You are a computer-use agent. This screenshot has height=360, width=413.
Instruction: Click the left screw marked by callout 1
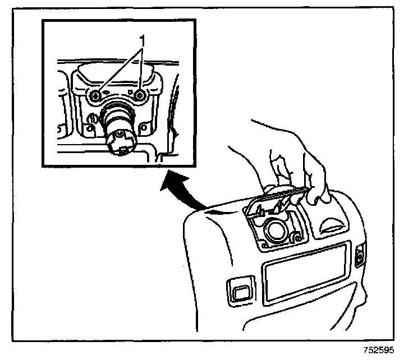[96, 95]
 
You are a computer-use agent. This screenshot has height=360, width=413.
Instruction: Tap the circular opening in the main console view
[277, 229]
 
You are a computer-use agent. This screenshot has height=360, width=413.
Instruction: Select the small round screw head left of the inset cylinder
[89, 119]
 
